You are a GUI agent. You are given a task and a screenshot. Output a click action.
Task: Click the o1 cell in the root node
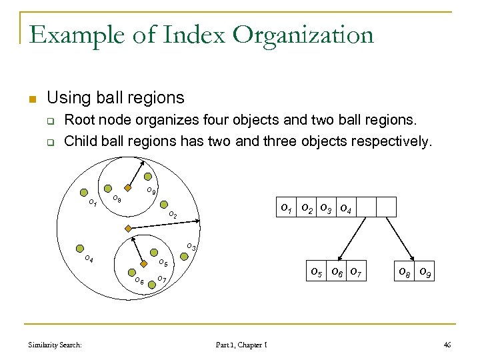click(287, 207)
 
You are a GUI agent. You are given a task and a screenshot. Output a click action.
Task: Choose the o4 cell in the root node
click(346, 207)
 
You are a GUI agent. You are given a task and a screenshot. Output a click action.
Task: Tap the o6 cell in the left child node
click(338, 271)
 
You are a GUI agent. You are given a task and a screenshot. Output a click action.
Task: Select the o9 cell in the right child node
click(423, 271)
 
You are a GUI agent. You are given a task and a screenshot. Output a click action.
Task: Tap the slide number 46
click(447, 345)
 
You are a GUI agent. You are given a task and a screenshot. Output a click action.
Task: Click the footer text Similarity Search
click(55, 345)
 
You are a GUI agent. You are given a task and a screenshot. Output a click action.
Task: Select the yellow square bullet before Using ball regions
click(31, 100)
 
